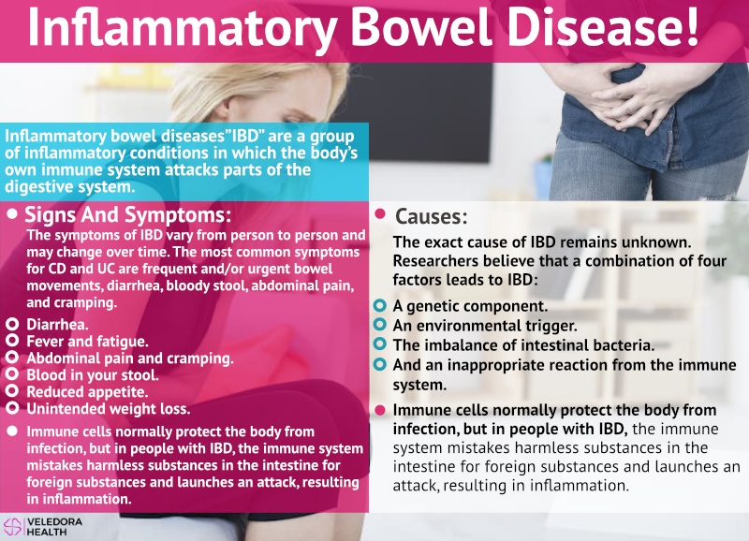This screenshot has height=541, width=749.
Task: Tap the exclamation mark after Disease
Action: [691, 26]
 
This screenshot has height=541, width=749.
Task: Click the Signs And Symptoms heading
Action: [127, 215]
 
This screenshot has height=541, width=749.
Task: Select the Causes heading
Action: [432, 216]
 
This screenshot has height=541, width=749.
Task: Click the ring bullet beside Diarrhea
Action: [12, 325]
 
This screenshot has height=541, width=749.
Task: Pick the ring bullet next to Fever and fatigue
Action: [12, 341]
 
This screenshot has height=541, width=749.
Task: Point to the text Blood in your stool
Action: [93, 375]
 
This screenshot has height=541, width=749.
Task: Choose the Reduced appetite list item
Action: [87, 392]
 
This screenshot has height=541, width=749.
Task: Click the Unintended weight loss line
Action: [109, 409]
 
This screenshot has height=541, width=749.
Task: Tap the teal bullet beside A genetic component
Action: [380, 305]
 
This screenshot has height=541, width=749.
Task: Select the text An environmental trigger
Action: [485, 326]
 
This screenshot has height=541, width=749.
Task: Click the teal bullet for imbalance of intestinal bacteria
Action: [380, 344]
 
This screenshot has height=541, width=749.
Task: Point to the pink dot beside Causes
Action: [380, 214]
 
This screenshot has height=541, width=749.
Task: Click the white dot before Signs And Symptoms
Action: [12, 213]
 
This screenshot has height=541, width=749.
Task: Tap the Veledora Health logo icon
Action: [12, 526]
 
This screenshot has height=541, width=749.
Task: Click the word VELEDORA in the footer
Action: [54, 522]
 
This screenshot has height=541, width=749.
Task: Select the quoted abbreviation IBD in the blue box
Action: [246, 137]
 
